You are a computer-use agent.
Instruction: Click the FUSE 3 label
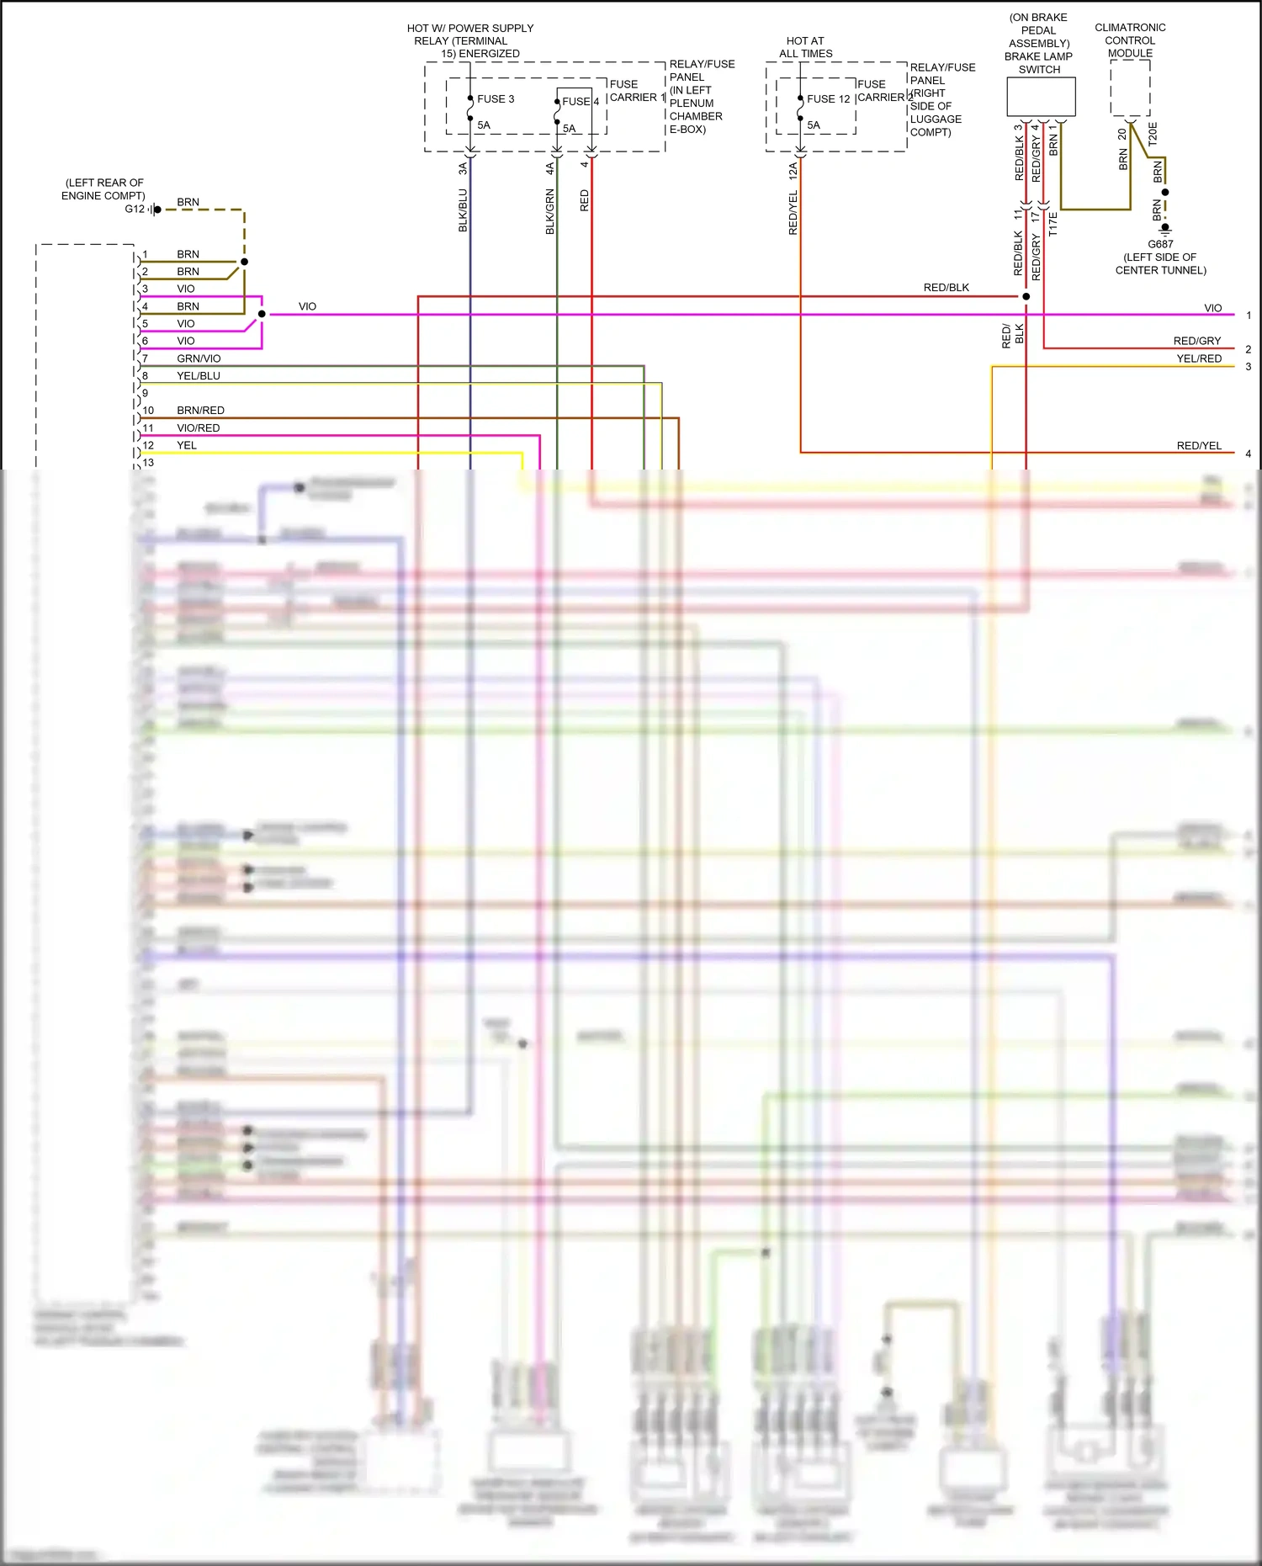click(x=495, y=99)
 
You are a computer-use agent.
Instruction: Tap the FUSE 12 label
click(x=828, y=99)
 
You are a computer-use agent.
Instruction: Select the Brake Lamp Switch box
click(x=1041, y=97)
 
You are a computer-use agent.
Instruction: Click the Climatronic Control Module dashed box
click(x=1130, y=88)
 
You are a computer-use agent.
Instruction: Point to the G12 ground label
click(x=135, y=210)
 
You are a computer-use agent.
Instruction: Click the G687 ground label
click(x=1160, y=244)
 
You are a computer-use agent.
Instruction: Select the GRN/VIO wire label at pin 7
click(x=199, y=358)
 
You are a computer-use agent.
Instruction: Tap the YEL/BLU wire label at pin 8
click(x=199, y=376)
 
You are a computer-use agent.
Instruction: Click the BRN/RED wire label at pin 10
click(x=200, y=411)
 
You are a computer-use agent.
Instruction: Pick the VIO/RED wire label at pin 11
click(x=199, y=428)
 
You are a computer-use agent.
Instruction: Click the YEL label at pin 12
click(x=186, y=446)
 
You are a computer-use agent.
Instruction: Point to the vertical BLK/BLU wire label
click(x=463, y=210)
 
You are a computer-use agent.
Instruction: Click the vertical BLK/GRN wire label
click(x=550, y=212)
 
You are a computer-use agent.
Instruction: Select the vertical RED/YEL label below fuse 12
click(x=793, y=213)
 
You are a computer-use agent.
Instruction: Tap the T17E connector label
click(x=1053, y=224)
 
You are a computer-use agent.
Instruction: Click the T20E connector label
click(x=1153, y=134)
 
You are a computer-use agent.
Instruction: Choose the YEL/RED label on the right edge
click(x=1199, y=358)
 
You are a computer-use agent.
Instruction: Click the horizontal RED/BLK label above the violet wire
click(x=946, y=288)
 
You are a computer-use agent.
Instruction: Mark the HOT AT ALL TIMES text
click(x=805, y=47)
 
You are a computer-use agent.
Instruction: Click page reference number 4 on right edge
click(x=1248, y=454)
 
